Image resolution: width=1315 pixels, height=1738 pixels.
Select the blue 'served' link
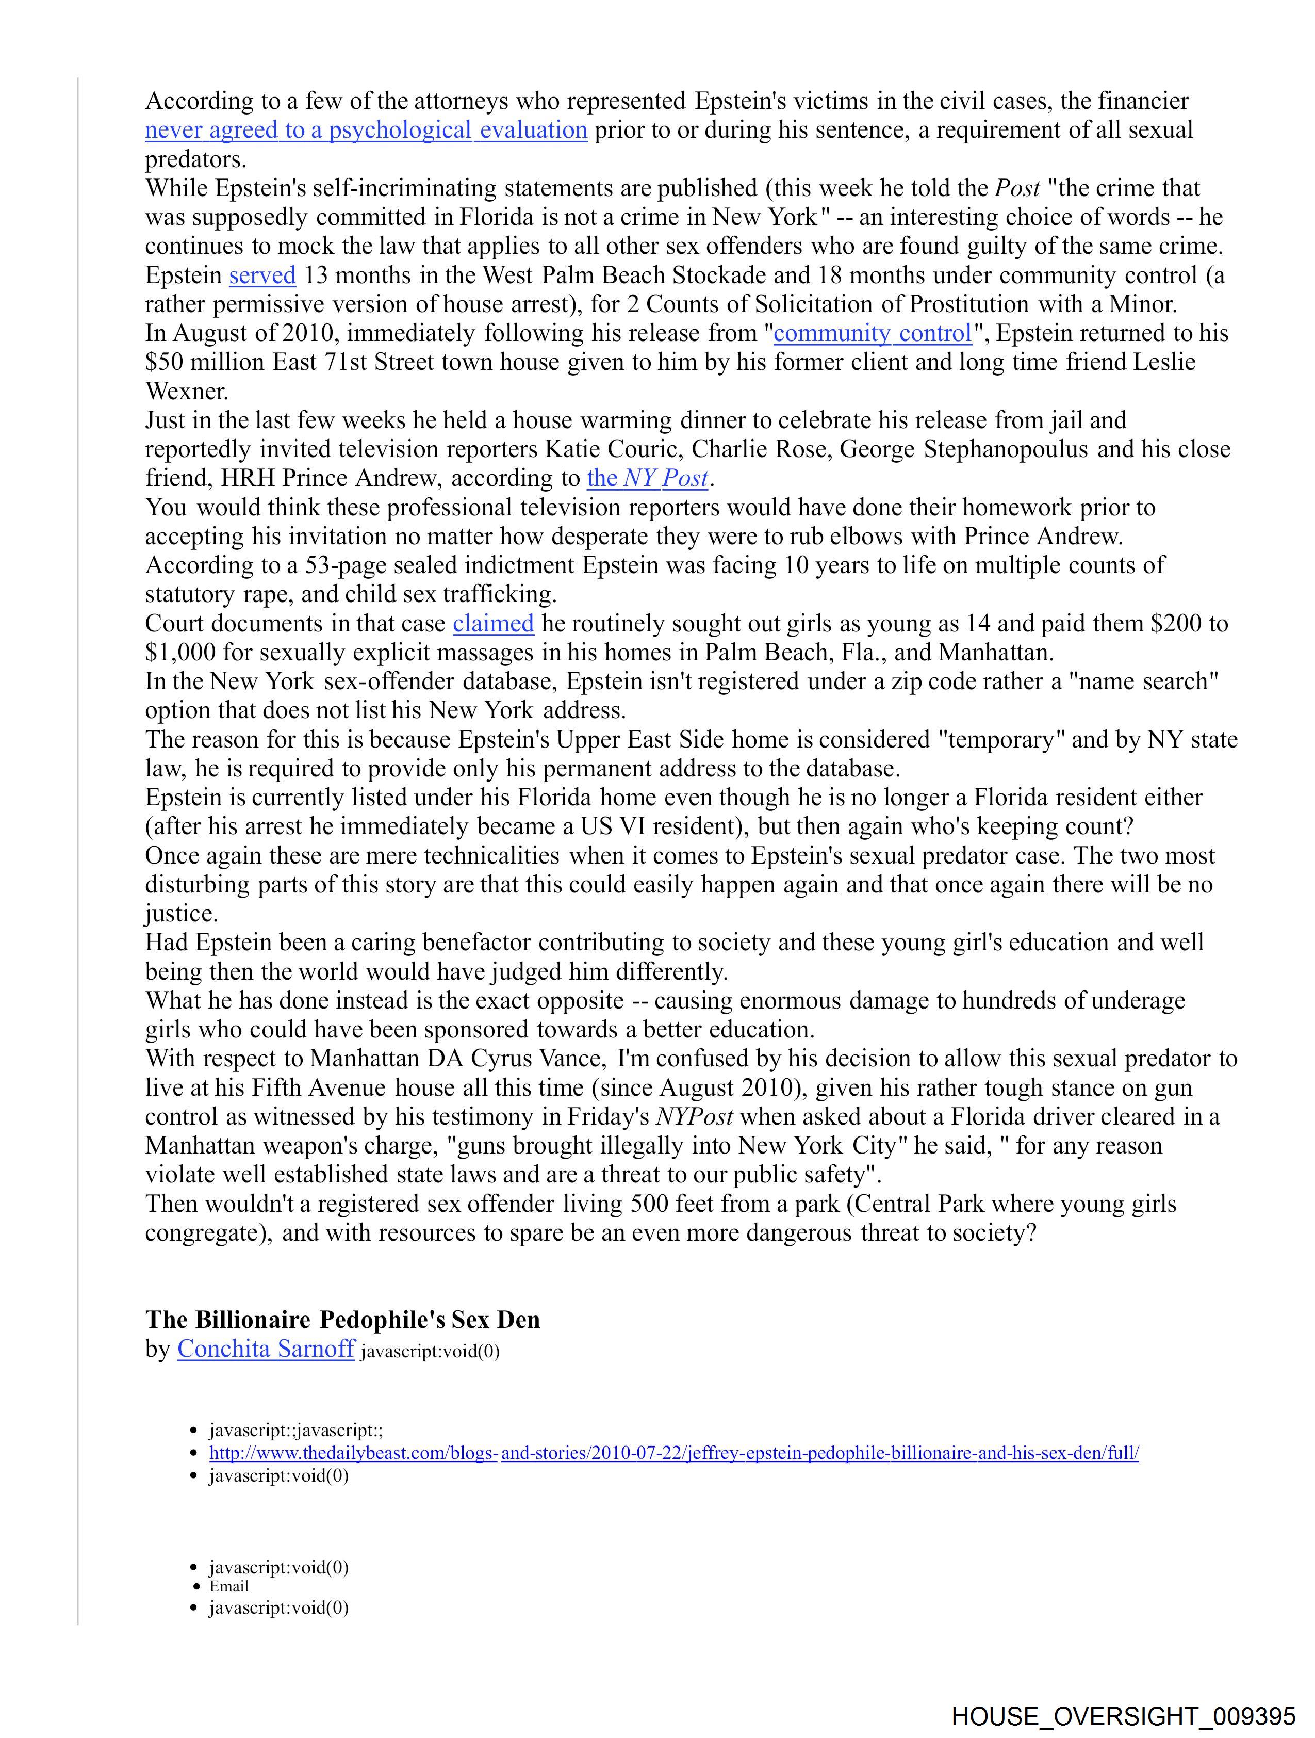click(x=262, y=276)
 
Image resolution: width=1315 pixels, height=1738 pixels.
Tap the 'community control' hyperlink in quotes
click(x=873, y=334)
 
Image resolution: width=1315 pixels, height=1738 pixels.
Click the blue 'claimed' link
click(x=494, y=624)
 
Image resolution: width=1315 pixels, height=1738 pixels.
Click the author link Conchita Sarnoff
click(x=266, y=1349)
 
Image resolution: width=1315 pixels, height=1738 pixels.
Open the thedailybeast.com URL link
click(x=673, y=1453)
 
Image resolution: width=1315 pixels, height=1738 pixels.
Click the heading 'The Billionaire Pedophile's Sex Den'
click(x=342, y=1319)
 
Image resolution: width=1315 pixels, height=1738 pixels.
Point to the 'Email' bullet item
click(x=228, y=1586)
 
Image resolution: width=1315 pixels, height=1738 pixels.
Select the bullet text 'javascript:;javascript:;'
click(x=295, y=1430)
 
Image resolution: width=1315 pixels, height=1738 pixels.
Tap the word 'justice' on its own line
click(x=180, y=914)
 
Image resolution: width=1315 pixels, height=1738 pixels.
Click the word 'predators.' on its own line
click(x=195, y=159)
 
